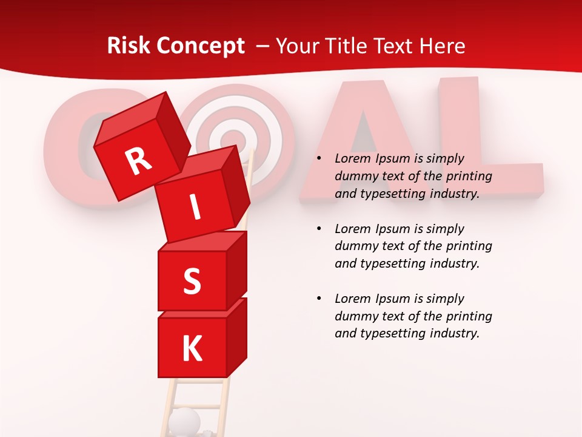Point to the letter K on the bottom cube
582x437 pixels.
(x=192, y=349)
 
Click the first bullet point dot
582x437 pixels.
(x=319, y=159)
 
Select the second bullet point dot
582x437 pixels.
(x=319, y=229)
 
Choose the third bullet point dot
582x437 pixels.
(x=319, y=299)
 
